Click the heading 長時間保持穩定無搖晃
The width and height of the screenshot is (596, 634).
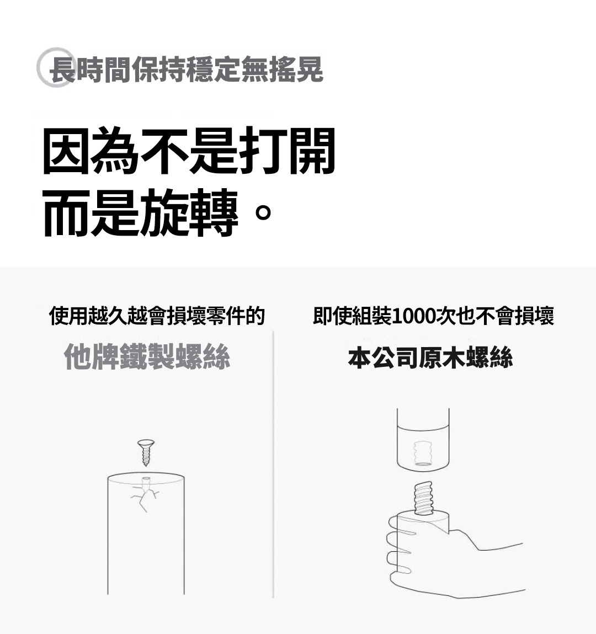(186, 70)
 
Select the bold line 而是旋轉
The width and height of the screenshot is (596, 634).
(141, 213)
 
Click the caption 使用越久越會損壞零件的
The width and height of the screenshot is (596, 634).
(157, 316)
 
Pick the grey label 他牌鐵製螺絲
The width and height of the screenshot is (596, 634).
(147, 356)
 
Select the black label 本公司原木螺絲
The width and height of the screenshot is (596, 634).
(430, 358)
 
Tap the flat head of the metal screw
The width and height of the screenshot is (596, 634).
(146, 443)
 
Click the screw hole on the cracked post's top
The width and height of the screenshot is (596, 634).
(146, 479)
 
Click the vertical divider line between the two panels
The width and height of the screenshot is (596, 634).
(273, 463)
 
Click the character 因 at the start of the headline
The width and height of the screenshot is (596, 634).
(66, 151)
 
